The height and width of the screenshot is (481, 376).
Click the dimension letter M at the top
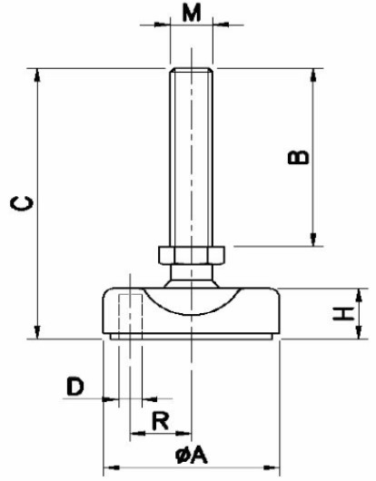point(192,13)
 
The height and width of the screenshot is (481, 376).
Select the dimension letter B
point(298,157)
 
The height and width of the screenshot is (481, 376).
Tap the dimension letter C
point(22,203)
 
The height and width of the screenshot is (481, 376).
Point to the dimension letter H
point(343,314)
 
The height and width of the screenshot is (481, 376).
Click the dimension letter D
point(75,387)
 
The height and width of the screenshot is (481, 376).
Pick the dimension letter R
point(160,421)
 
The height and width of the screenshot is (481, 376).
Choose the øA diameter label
point(192,455)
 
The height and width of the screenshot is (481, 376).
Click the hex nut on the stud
point(192,255)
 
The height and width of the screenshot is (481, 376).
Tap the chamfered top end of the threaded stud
point(192,70)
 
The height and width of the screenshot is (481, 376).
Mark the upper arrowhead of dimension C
point(37,74)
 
